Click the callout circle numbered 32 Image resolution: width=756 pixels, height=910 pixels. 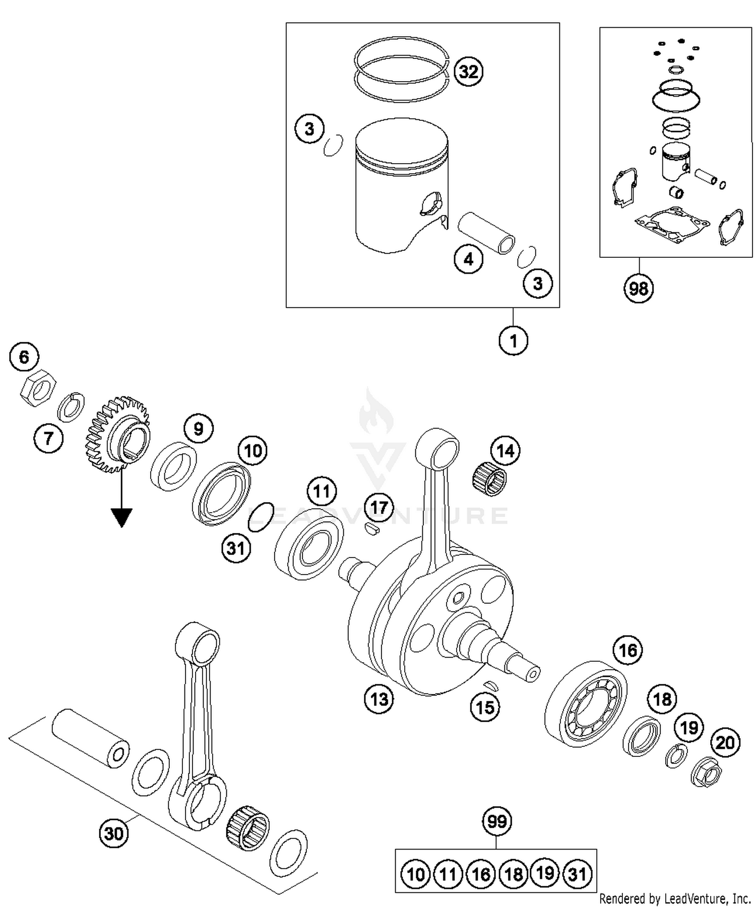tap(468, 72)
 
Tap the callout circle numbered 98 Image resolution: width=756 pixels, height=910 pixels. tap(639, 289)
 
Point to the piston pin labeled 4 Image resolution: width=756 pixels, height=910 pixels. tap(486, 233)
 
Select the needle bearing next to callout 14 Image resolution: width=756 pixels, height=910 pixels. tap(489, 480)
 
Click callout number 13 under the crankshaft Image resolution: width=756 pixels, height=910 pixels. tap(379, 699)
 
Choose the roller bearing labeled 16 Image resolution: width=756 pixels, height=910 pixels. tap(586, 704)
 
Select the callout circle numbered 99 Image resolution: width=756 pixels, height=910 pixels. tap(497, 821)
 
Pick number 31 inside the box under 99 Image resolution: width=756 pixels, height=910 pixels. tap(577, 874)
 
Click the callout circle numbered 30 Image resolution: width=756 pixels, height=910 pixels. tap(113, 833)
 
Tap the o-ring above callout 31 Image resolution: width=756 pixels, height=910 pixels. tap(261, 517)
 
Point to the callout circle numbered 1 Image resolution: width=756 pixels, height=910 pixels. tap(513, 341)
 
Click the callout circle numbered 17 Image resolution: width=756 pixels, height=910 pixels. tap(379, 507)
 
